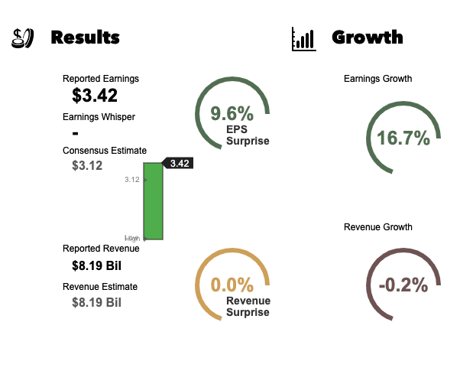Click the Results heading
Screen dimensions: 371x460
point(85,37)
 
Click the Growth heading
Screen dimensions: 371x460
point(368,37)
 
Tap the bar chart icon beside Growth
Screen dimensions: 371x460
point(303,39)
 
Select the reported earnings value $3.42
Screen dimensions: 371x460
point(95,96)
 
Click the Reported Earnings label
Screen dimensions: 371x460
point(101,78)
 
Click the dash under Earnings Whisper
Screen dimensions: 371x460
point(75,134)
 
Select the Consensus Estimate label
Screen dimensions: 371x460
point(105,151)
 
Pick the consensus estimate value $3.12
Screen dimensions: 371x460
point(87,165)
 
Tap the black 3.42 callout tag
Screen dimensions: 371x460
point(178,163)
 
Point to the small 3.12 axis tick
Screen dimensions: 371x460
point(131,180)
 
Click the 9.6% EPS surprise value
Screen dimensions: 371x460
point(232,115)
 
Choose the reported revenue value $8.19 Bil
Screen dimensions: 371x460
point(96,266)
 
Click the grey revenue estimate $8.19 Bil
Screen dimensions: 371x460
point(96,302)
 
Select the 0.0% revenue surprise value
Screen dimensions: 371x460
point(232,285)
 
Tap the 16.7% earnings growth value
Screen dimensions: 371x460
point(403,138)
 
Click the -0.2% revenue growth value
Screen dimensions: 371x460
point(403,285)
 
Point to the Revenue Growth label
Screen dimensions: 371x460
point(378,227)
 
